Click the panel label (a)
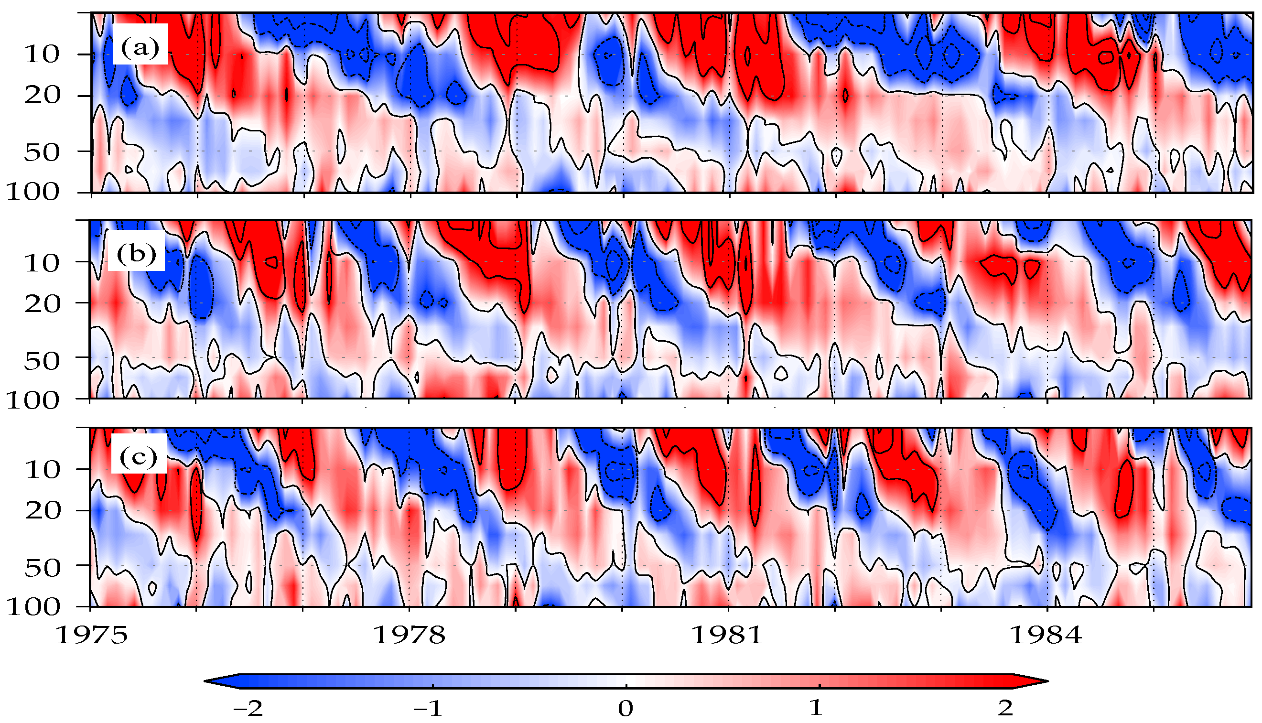point(140,48)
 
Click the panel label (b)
point(137,254)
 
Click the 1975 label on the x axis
point(91,635)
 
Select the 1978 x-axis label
point(409,635)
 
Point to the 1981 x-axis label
point(727,635)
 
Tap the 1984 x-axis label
point(1046,635)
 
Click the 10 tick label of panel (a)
point(42,54)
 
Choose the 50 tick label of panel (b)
point(42,361)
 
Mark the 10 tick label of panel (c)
point(42,469)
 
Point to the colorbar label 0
point(626,708)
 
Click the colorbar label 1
point(817,708)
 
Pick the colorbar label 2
point(1005,708)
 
